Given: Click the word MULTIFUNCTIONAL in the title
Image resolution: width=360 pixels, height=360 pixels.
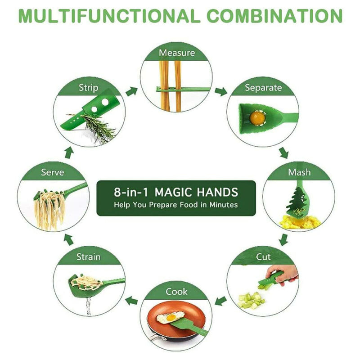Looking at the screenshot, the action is pos(109,16).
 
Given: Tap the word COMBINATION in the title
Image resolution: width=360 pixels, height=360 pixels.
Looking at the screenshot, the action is pos(274,16).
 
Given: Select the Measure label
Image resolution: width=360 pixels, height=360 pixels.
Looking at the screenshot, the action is pos(177,53).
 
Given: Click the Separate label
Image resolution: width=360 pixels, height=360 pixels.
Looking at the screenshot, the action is pos(263,88).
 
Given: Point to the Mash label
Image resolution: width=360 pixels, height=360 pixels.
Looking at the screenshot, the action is pos(299,172).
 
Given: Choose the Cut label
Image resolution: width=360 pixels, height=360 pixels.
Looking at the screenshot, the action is pos(263,256).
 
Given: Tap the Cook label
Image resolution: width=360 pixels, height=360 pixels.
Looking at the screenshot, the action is pos(176,292).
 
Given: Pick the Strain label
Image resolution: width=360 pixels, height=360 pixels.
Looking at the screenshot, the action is pos(88,256).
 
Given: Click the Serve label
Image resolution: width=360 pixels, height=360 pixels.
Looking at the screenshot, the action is pos(52,172).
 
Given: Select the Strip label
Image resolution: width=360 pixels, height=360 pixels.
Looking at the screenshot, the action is pos(88,88).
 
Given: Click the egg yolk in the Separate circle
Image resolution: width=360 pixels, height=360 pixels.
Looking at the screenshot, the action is pos(257,117).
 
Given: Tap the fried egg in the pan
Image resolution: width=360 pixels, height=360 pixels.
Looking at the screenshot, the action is pos(170,317).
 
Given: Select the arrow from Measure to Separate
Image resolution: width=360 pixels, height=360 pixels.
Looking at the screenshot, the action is pos(221,91).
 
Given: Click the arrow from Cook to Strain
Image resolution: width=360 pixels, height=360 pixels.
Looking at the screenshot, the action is pos(132,301).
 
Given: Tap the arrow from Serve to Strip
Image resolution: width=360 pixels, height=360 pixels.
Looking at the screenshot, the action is pos(69,153).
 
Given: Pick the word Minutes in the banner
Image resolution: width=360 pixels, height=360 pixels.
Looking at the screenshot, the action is pos(223,205).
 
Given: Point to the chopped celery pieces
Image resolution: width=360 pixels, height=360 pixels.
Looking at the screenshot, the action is pos(251,300).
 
